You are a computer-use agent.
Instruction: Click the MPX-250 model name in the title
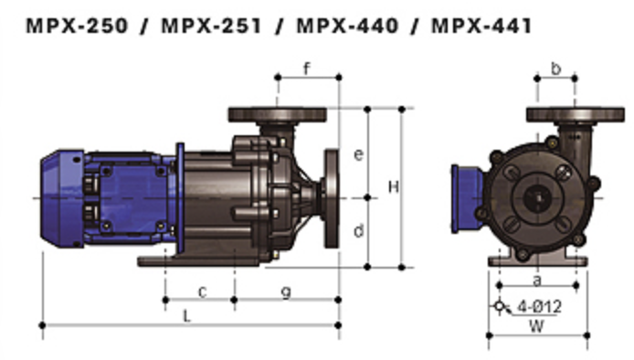(77, 26)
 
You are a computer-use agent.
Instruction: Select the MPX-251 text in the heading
(211, 26)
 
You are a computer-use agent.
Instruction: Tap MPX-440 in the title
(347, 26)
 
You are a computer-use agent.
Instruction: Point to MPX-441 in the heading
(481, 26)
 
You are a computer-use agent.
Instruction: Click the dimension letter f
(307, 69)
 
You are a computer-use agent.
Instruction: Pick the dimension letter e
(358, 154)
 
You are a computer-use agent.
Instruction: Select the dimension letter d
(359, 230)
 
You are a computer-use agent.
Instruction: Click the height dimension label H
(394, 187)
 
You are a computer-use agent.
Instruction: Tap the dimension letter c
(203, 292)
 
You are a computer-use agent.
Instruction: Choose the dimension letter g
(286, 292)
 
